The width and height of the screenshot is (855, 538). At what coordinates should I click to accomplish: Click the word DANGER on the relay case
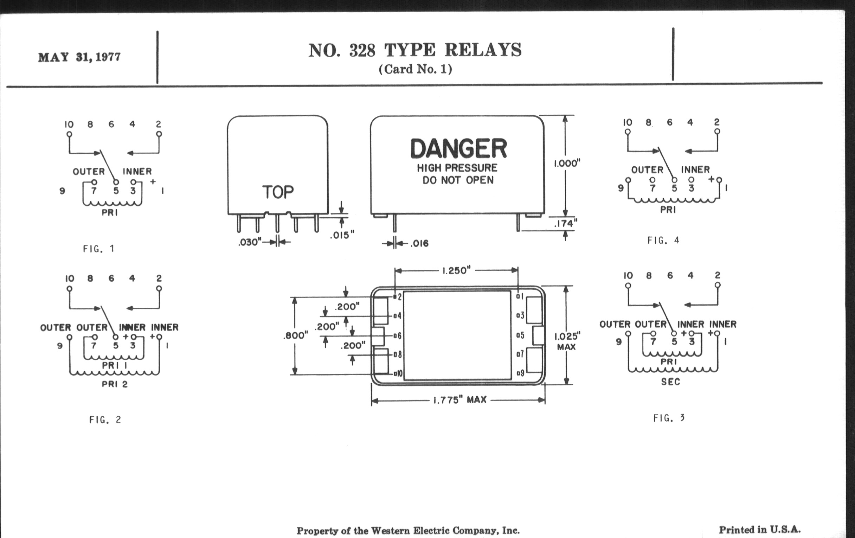pos(458,148)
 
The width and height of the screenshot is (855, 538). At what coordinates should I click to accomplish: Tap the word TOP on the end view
pos(278,192)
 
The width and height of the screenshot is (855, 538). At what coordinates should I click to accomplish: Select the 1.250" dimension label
pos(456,271)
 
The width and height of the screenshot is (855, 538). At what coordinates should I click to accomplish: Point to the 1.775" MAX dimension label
pos(460,400)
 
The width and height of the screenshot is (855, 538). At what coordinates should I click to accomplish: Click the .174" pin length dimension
pos(566,223)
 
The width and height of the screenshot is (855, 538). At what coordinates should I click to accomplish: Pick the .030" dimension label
pos(250,242)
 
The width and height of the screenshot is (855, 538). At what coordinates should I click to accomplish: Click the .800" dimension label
pos(295,335)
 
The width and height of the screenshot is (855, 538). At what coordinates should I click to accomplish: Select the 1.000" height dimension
pos(567,164)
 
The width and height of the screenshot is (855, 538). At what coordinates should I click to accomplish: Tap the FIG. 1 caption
pos(99,249)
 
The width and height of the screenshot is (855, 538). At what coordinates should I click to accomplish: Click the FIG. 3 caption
pos(669,418)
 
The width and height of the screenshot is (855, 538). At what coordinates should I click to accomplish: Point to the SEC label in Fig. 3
pos(671,382)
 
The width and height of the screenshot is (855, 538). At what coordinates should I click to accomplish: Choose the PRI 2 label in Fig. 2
pos(115,384)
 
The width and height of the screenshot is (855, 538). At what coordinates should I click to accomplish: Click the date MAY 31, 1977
pos(79,57)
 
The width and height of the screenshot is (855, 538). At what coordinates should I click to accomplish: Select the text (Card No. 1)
pos(415,69)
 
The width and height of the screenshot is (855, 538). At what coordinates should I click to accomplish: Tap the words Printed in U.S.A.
pos(760,530)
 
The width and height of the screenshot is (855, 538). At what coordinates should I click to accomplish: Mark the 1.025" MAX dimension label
pos(567,341)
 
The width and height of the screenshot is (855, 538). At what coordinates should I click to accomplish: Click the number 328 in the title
pos(362,50)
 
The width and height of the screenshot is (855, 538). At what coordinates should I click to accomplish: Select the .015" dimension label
pos(342,235)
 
